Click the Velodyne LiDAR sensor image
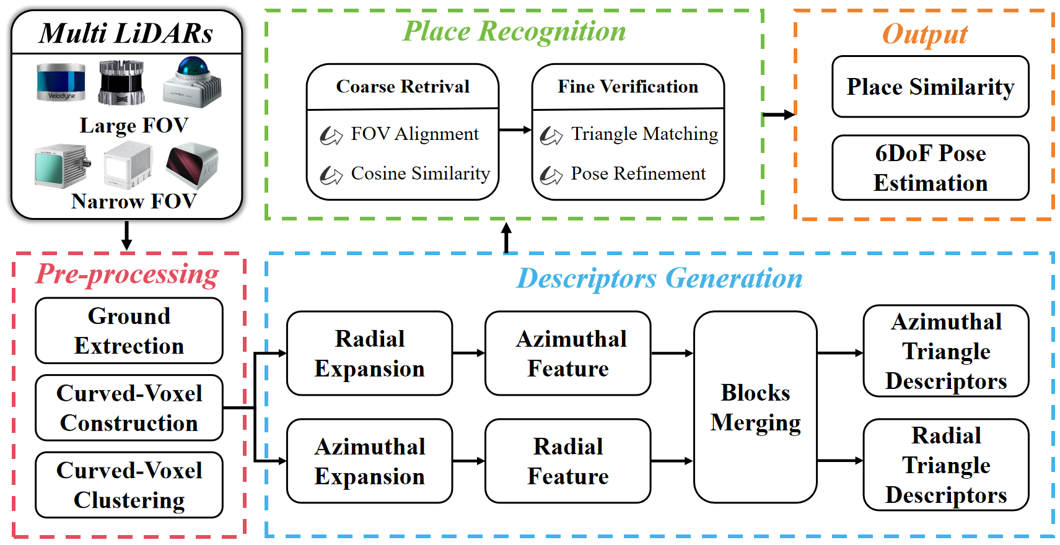(x=61, y=82)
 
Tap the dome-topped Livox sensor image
(x=192, y=82)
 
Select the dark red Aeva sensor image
(x=191, y=165)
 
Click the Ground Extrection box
(x=129, y=331)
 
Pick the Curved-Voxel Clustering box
(x=129, y=485)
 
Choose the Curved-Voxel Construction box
(x=129, y=408)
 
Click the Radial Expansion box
(x=370, y=353)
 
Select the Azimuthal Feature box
(x=568, y=353)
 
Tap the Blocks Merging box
(x=755, y=407)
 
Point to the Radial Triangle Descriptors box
(x=946, y=464)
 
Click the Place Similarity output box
(x=931, y=87)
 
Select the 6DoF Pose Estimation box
(x=931, y=167)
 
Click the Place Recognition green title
(x=514, y=31)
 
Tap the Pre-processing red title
(x=127, y=274)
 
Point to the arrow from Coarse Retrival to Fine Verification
(x=515, y=129)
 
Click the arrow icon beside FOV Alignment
(x=331, y=136)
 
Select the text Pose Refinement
(x=638, y=173)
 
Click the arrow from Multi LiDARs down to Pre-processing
(x=126, y=235)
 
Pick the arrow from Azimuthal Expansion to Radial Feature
(x=468, y=461)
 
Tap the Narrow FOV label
(x=134, y=201)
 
